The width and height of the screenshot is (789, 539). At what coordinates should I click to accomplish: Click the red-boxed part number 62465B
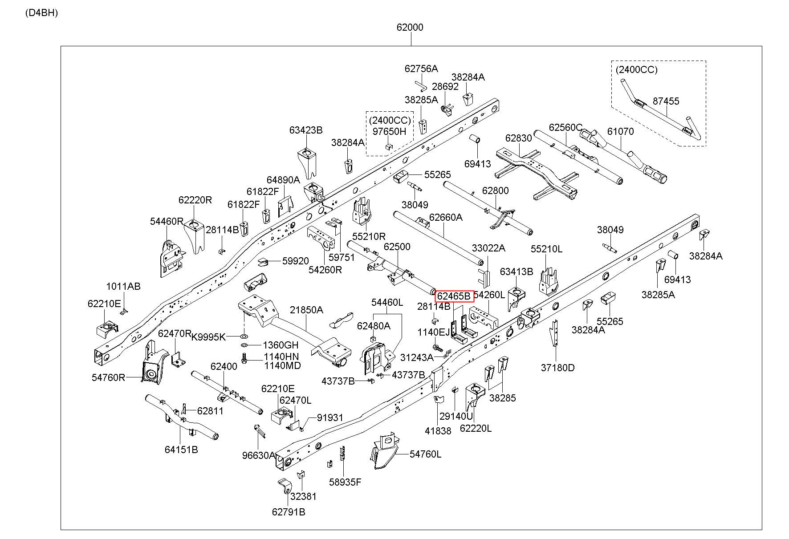[x=454, y=296]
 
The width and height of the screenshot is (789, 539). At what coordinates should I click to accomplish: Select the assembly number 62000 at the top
[x=410, y=27]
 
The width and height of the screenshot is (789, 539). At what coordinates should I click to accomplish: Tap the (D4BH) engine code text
[x=41, y=12]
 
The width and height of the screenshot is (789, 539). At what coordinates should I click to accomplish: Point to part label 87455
[x=666, y=101]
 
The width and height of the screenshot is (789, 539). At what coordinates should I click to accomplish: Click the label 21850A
[x=307, y=310]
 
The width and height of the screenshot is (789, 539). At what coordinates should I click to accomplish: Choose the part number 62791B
[x=289, y=512]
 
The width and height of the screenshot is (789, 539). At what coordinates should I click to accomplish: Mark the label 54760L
[x=426, y=454]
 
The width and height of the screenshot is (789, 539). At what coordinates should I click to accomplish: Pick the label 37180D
[x=558, y=368]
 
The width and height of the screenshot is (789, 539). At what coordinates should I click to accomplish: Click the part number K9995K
[x=209, y=337]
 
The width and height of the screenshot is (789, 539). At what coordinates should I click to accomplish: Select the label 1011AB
[x=123, y=286]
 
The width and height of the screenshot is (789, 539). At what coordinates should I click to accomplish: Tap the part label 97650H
[x=390, y=131]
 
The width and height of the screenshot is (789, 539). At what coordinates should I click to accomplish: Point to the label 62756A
[x=421, y=69]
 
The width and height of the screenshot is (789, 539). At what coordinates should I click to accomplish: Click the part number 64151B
[x=181, y=450]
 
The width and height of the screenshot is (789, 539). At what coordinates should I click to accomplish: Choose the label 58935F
[x=345, y=482]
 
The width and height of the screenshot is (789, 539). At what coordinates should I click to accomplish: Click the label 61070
[x=621, y=131]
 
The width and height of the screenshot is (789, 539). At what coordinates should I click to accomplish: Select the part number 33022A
[x=488, y=248]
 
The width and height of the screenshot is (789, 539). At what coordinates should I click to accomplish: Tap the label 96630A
[x=259, y=455]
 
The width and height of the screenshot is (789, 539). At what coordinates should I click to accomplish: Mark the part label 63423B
[x=306, y=130]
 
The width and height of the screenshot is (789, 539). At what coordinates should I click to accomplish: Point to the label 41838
[x=438, y=431]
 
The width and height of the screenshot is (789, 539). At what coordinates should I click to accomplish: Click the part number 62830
[x=519, y=138]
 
